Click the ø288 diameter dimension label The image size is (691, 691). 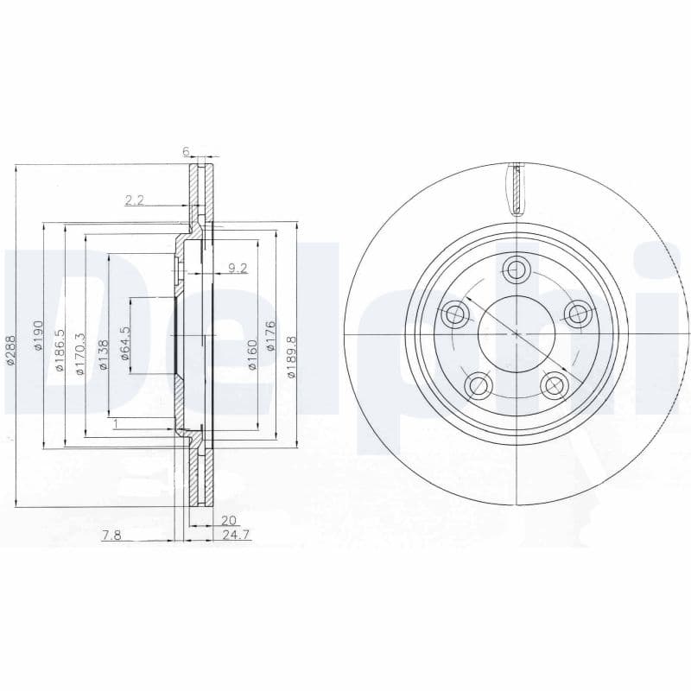pos(10,350)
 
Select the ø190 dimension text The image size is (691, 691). pos(39,335)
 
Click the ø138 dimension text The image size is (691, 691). pos(102,355)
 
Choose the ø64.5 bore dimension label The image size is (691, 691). pos(124,343)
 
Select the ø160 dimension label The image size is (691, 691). pos(251,355)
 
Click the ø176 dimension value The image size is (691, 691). pos(270,336)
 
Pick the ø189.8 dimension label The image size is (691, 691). pos(291,356)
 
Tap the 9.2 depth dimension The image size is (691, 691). pos(238,268)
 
